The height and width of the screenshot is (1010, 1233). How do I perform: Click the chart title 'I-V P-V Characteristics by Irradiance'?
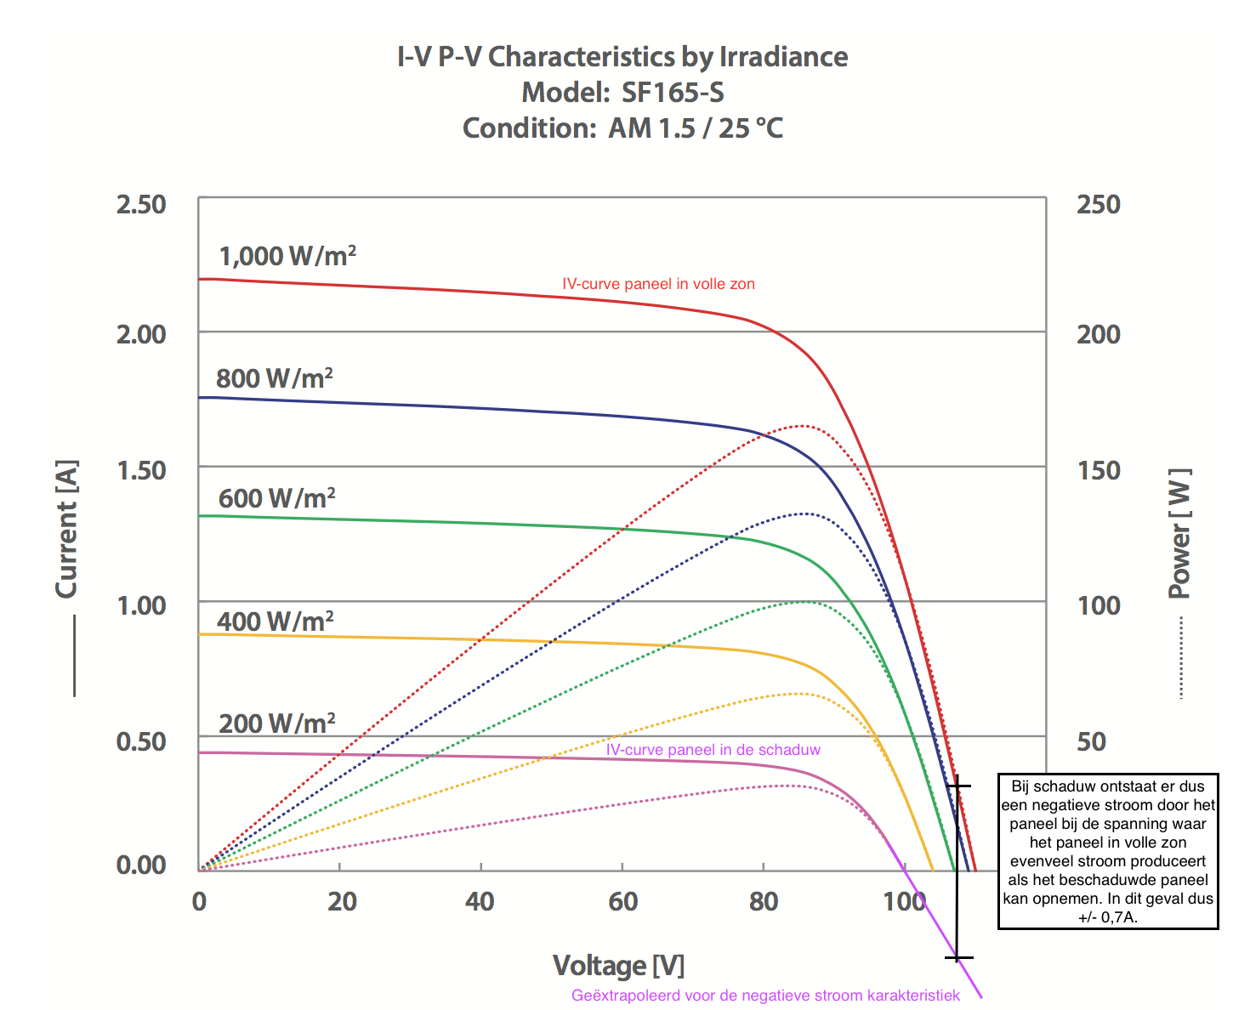(622, 57)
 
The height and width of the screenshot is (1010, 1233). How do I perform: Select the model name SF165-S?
(673, 93)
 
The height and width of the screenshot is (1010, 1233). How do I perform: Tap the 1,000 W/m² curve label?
(287, 256)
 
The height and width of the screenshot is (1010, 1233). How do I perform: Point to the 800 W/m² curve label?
(274, 377)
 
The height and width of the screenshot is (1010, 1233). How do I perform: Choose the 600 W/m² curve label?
(276, 498)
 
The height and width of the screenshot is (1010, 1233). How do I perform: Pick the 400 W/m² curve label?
(275, 621)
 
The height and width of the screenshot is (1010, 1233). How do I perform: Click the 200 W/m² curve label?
(276, 723)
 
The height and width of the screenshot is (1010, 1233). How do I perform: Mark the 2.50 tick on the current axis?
(141, 205)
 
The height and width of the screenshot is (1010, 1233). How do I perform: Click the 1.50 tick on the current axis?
(141, 469)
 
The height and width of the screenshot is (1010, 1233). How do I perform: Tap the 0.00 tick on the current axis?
(141, 865)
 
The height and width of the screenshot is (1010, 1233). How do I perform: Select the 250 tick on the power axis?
(1099, 205)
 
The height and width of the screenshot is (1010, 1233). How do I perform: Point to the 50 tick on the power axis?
(1093, 741)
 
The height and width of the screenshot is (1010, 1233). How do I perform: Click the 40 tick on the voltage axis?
(480, 902)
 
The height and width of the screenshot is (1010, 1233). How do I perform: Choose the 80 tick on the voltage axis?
(764, 902)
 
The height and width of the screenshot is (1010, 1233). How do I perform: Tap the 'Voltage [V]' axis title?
(618, 966)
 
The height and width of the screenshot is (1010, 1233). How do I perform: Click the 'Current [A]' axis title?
(66, 529)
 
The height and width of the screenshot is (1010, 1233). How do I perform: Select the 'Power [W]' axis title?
(1179, 533)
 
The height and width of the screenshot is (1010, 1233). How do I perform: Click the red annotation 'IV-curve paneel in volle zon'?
(658, 284)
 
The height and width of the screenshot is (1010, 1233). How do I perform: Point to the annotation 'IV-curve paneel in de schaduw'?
(713, 750)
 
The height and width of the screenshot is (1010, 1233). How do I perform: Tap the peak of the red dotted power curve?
(802, 426)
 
